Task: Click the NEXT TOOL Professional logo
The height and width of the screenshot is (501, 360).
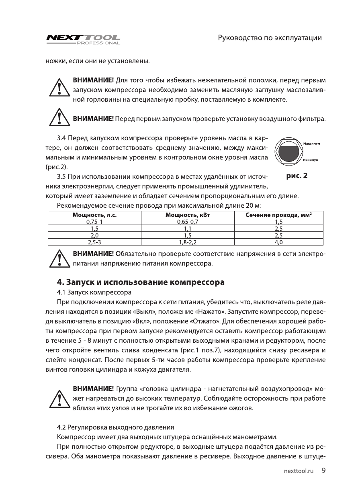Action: point(84,39)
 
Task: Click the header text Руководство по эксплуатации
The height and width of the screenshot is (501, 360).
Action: point(270,38)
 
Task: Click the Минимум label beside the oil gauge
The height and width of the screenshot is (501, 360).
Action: point(311,160)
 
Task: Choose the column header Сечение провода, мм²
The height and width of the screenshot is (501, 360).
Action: point(278,215)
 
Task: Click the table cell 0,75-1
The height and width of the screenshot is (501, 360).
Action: point(94,221)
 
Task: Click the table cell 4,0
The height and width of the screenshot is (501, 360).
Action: point(278,242)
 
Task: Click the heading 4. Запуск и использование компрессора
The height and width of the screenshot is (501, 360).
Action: point(141,282)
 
